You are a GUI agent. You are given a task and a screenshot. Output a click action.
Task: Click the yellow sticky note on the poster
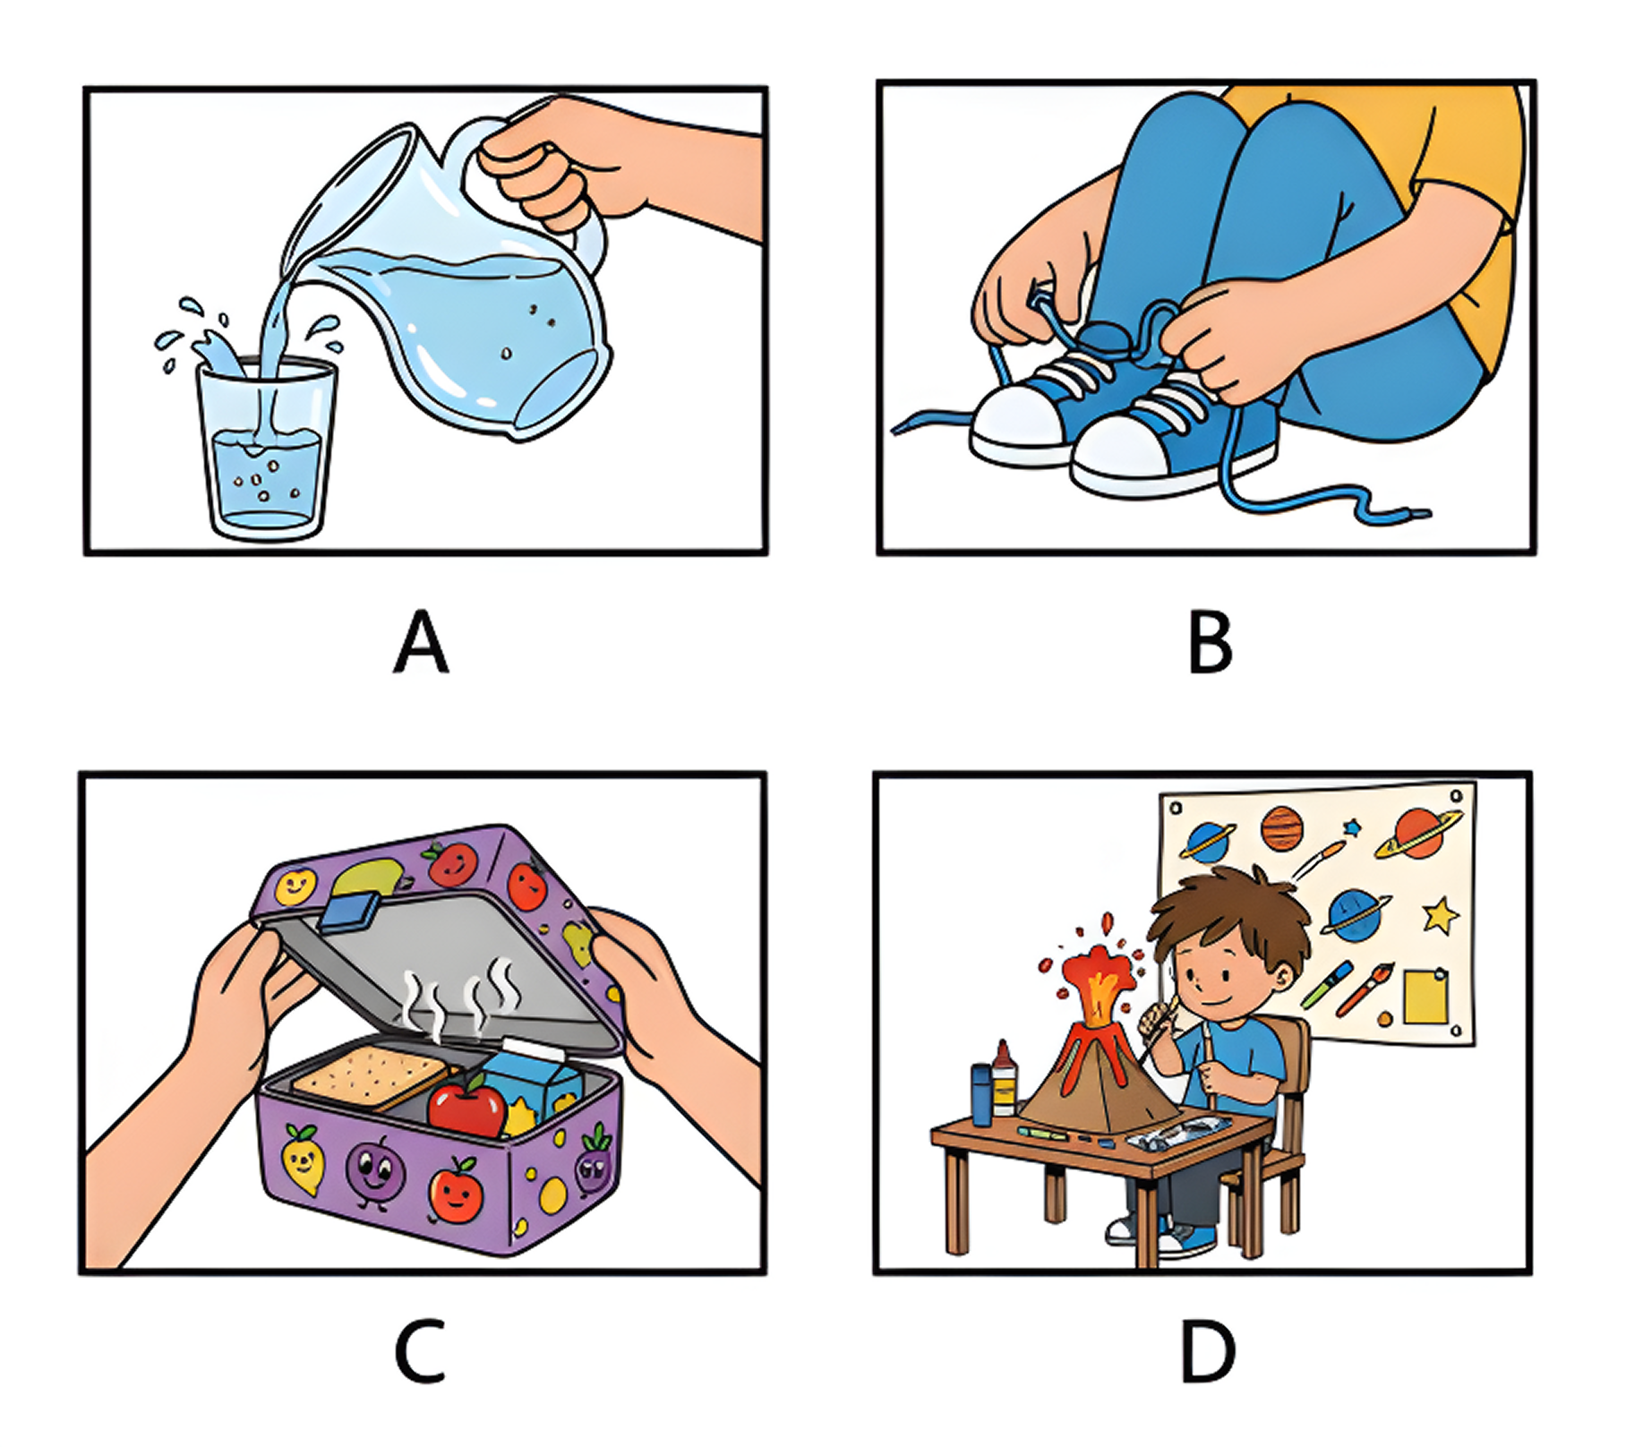click(1425, 997)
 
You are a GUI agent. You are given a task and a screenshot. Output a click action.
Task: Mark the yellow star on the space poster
click(1440, 915)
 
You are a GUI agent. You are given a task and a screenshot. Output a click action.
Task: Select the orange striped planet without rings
click(1281, 828)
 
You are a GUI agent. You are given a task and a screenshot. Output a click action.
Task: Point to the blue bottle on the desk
click(982, 1094)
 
